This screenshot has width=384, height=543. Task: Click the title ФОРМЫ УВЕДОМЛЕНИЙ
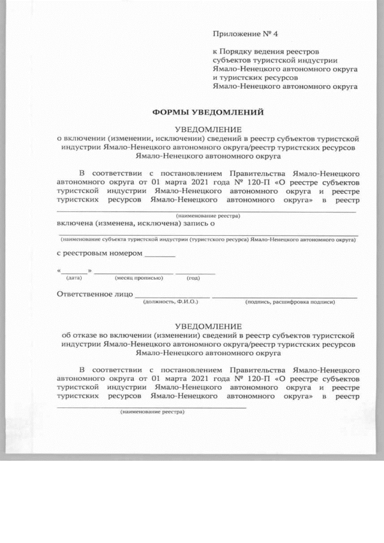pyautogui.click(x=208, y=112)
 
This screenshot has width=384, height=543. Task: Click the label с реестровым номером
pyautogui.click(x=100, y=253)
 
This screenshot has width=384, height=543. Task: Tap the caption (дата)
pyautogui.click(x=74, y=278)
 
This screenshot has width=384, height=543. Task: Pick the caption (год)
pyautogui.click(x=193, y=278)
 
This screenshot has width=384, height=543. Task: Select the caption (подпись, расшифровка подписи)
pyautogui.click(x=290, y=302)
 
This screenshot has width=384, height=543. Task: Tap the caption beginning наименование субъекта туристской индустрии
pyautogui.click(x=208, y=239)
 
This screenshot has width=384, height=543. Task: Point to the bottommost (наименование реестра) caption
pyautogui.click(x=152, y=412)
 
